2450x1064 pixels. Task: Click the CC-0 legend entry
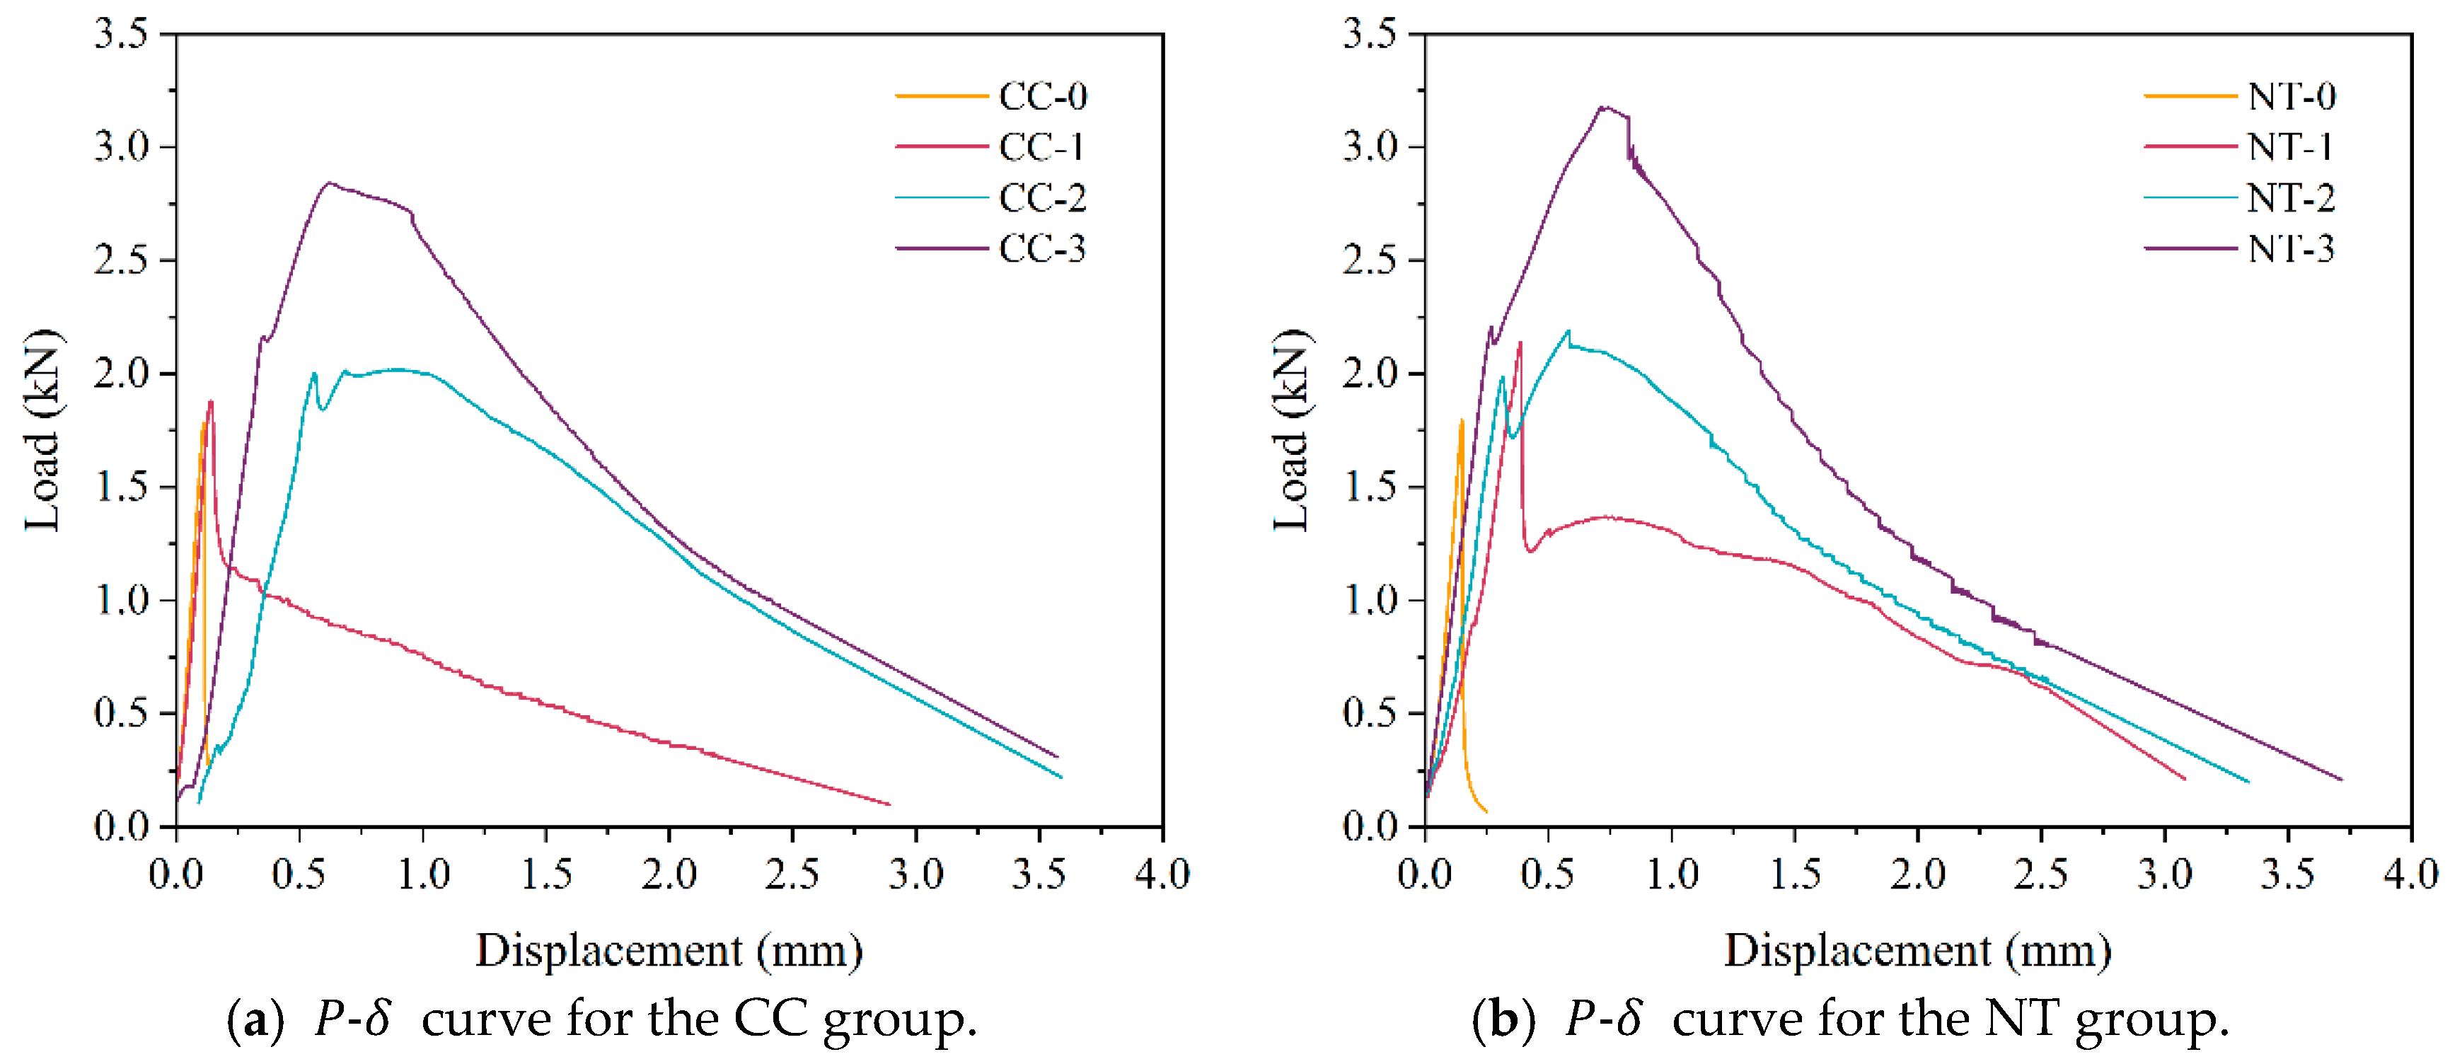(x=1041, y=96)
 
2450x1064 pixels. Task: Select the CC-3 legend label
(x=1041, y=249)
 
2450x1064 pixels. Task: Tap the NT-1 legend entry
(x=2290, y=147)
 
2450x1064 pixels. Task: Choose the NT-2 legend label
(x=2290, y=198)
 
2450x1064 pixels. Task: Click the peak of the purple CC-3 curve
(x=329, y=183)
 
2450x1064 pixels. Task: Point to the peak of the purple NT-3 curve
(x=1605, y=107)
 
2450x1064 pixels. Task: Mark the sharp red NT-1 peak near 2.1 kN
(x=1520, y=342)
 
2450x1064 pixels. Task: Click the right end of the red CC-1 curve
(x=889, y=804)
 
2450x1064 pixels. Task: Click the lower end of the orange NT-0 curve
(x=1486, y=811)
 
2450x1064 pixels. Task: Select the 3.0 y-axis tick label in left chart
(x=121, y=146)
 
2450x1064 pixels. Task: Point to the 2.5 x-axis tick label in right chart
(x=2041, y=873)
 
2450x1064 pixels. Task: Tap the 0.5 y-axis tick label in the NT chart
(x=1370, y=712)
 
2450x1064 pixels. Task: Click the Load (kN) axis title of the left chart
(x=42, y=430)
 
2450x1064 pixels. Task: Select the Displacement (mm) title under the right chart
(x=1917, y=951)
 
